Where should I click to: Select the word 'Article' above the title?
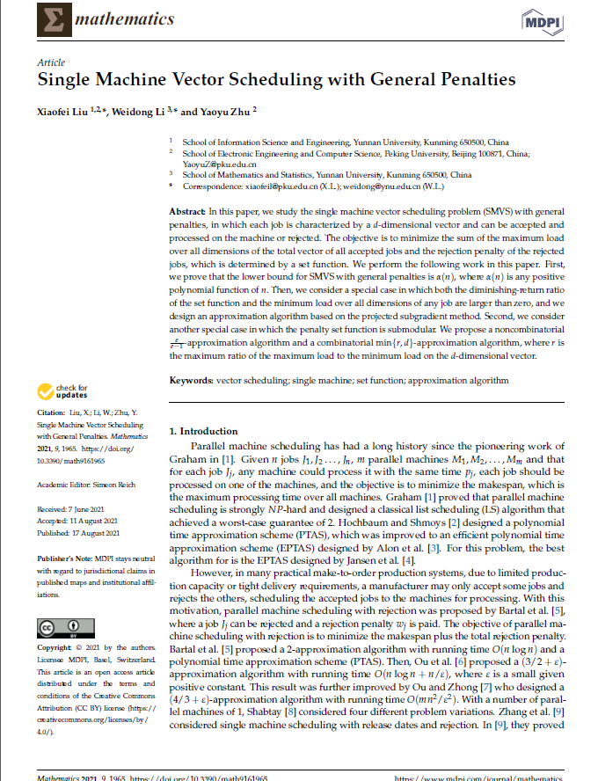(x=51, y=63)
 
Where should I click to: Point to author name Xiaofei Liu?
(x=64, y=112)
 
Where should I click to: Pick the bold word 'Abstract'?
(x=186, y=214)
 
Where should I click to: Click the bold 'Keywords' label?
(x=192, y=381)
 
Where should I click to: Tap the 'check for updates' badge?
(x=63, y=390)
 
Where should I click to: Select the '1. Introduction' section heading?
(x=202, y=432)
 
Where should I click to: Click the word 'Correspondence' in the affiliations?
(x=210, y=186)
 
